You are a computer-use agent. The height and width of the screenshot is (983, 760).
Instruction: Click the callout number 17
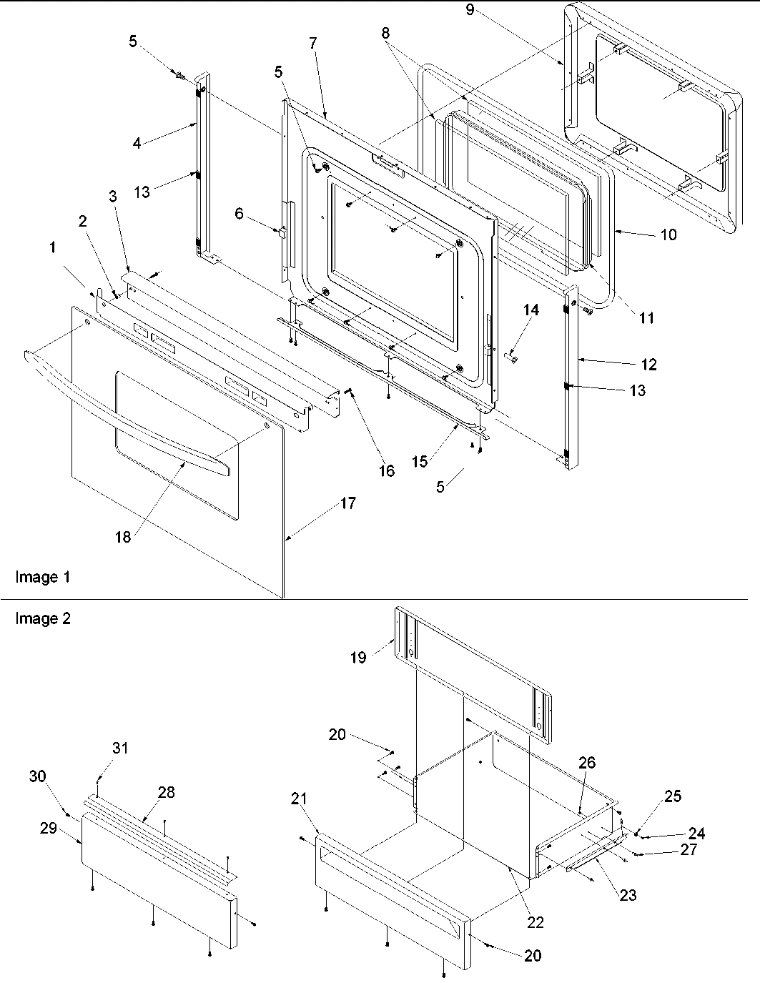(x=347, y=503)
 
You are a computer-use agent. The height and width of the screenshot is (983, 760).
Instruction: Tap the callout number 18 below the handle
(x=123, y=536)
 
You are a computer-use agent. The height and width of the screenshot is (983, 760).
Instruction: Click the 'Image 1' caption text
(x=43, y=577)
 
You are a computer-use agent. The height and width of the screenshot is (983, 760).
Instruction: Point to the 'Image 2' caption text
(x=43, y=619)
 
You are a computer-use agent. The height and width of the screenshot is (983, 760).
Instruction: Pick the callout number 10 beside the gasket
(x=668, y=234)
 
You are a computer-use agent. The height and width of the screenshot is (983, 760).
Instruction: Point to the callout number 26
(x=586, y=763)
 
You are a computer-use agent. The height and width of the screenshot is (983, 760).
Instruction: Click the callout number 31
(x=121, y=748)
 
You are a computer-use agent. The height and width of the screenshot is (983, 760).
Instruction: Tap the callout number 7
(x=313, y=43)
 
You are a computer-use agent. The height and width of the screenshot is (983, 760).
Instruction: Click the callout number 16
(x=386, y=472)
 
